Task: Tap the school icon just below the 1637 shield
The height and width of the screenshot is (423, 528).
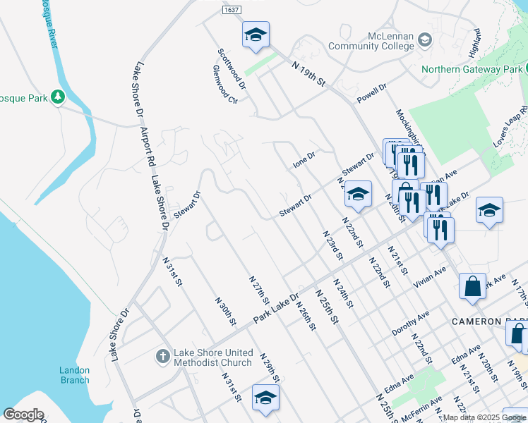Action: (x=256, y=35)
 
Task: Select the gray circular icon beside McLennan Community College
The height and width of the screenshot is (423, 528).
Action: (x=425, y=39)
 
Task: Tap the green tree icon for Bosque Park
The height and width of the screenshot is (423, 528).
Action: (x=57, y=97)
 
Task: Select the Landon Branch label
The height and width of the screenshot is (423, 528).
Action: (x=74, y=375)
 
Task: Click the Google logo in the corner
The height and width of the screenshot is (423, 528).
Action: (x=24, y=415)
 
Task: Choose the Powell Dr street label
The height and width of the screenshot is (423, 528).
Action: (x=372, y=95)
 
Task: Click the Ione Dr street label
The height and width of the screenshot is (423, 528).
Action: (x=304, y=161)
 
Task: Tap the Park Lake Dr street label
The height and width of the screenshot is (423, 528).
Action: (x=276, y=306)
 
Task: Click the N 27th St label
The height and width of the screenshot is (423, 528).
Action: (x=259, y=290)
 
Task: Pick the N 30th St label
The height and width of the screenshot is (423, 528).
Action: (x=225, y=311)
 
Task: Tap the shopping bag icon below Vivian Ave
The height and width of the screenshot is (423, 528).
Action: (x=472, y=286)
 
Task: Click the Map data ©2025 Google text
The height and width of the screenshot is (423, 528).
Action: (x=484, y=417)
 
